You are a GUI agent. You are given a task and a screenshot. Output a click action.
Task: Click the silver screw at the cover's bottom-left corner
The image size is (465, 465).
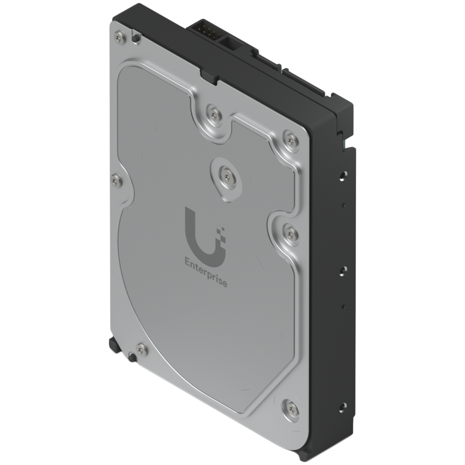pyautogui.click(x=141, y=347)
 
